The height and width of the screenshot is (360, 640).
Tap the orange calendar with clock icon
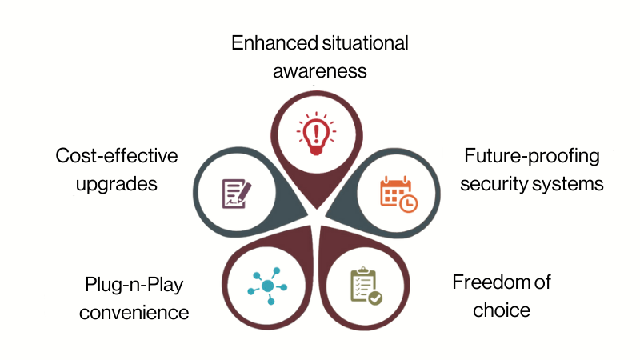[x=398, y=194]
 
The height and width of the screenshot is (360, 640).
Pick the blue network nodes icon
[x=267, y=286]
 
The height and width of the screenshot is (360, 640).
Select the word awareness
[x=320, y=71]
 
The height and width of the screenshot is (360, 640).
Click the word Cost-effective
[x=117, y=155]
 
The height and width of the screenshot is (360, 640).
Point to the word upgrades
[x=117, y=183]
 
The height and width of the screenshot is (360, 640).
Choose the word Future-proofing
[x=533, y=155]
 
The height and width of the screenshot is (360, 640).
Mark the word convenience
[x=136, y=311]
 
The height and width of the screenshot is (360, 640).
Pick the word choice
[x=502, y=310]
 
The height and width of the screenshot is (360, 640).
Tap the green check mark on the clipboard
[x=374, y=298]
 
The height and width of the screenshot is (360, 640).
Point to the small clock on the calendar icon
[x=408, y=203]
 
